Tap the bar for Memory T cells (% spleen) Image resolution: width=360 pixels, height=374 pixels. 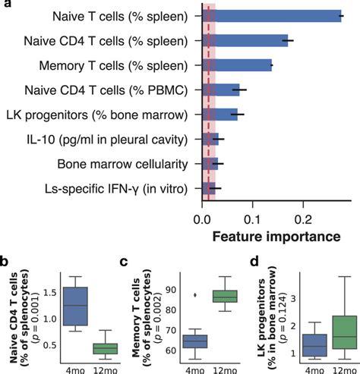pos(236,65)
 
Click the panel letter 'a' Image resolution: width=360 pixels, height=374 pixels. pos(5,5)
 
